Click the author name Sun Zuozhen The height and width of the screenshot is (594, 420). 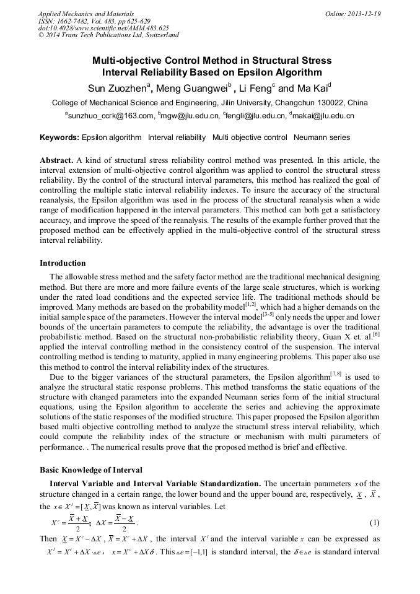tap(116, 87)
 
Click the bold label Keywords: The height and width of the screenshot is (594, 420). tap(59, 138)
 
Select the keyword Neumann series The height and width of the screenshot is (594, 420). tap(322, 138)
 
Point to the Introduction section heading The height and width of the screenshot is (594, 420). tap(63, 263)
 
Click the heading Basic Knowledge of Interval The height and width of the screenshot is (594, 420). tap(90, 470)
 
